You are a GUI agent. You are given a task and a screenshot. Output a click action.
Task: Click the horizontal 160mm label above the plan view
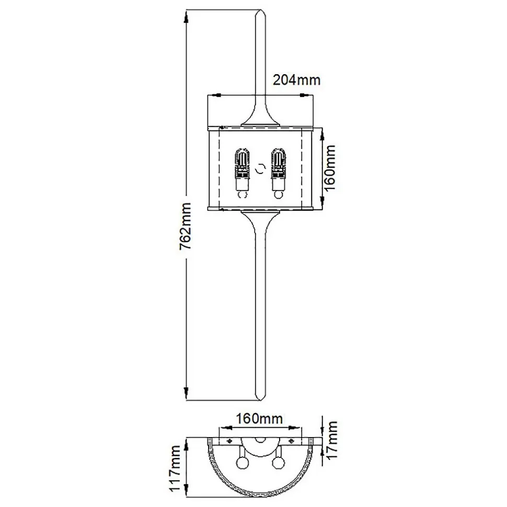(x=259, y=418)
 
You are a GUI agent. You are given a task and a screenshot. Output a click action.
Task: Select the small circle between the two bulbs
(x=260, y=170)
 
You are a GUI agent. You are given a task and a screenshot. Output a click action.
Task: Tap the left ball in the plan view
(x=242, y=462)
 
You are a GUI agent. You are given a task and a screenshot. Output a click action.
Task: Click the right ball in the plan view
(x=277, y=462)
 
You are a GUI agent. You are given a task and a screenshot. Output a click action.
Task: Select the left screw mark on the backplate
(x=228, y=442)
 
